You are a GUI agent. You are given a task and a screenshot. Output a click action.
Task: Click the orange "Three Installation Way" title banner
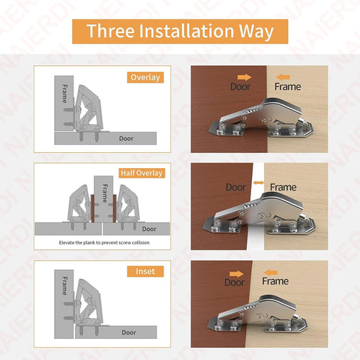click(180, 31)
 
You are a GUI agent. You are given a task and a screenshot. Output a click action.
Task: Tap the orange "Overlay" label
click(145, 77)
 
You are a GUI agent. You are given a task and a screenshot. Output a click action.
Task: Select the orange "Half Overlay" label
click(142, 173)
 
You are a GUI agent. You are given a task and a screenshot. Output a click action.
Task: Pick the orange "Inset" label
click(145, 271)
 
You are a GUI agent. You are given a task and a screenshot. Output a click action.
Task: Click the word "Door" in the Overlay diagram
click(126, 139)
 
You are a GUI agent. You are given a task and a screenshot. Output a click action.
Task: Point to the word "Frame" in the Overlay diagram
click(64, 94)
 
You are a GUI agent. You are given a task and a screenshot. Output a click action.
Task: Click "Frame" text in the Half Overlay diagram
click(105, 193)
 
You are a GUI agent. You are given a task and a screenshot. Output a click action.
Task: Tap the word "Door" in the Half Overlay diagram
click(149, 229)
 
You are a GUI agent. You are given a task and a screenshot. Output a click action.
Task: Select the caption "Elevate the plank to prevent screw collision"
click(104, 242)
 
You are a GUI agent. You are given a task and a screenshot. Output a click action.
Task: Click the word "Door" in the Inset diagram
click(129, 332)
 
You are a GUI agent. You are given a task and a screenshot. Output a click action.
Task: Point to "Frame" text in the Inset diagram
click(64, 286)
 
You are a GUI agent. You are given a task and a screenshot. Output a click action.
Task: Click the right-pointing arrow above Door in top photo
click(244, 77)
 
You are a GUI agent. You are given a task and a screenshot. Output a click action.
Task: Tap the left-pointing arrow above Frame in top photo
click(283, 77)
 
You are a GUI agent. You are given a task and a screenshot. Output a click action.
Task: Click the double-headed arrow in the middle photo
click(259, 183)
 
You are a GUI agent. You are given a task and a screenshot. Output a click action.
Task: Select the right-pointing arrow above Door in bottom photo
click(236, 274)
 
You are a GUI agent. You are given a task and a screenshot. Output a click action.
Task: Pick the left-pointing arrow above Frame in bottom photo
click(271, 272)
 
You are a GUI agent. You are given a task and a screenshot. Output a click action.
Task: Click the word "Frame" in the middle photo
click(283, 187)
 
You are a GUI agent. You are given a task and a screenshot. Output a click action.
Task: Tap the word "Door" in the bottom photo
click(235, 283)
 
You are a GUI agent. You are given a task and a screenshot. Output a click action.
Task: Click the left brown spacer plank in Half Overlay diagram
click(92, 208)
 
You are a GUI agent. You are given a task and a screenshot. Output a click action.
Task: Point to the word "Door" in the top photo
click(240, 87)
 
